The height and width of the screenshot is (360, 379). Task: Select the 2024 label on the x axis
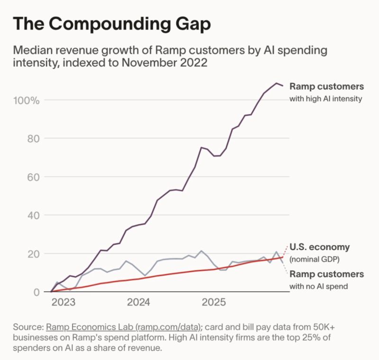(x=139, y=302)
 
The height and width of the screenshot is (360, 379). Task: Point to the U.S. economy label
(x=319, y=247)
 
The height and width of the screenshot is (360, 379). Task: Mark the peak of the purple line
(x=276, y=83)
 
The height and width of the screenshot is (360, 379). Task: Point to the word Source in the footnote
(x=28, y=327)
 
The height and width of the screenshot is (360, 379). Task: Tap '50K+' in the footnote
(x=316, y=327)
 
